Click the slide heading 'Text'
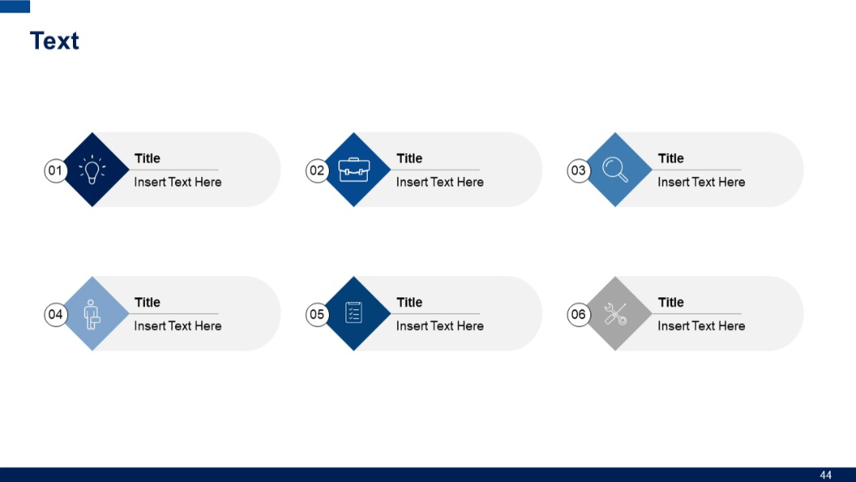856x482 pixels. (55, 41)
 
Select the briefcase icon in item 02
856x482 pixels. (354, 170)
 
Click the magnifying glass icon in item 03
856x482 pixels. (615, 170)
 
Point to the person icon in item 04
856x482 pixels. (92, 314)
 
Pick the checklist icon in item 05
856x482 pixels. (353, 313)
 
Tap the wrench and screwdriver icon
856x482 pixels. (615, 314)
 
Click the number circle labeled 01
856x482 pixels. (55, 170)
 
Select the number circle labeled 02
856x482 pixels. (317, 170)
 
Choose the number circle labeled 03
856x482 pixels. (579, 170)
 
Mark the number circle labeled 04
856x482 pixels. (55, 315)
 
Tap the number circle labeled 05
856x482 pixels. (317, 315)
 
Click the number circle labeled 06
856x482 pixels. (579, 315)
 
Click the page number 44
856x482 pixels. (826, 475)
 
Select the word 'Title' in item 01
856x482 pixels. (147, 159)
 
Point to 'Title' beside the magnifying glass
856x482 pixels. (671, 159)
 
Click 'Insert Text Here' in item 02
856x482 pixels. (440, 182)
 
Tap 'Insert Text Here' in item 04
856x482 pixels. (178, 326)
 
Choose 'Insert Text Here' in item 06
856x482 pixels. (701, 326)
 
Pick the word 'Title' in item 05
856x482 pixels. (409, 302)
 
